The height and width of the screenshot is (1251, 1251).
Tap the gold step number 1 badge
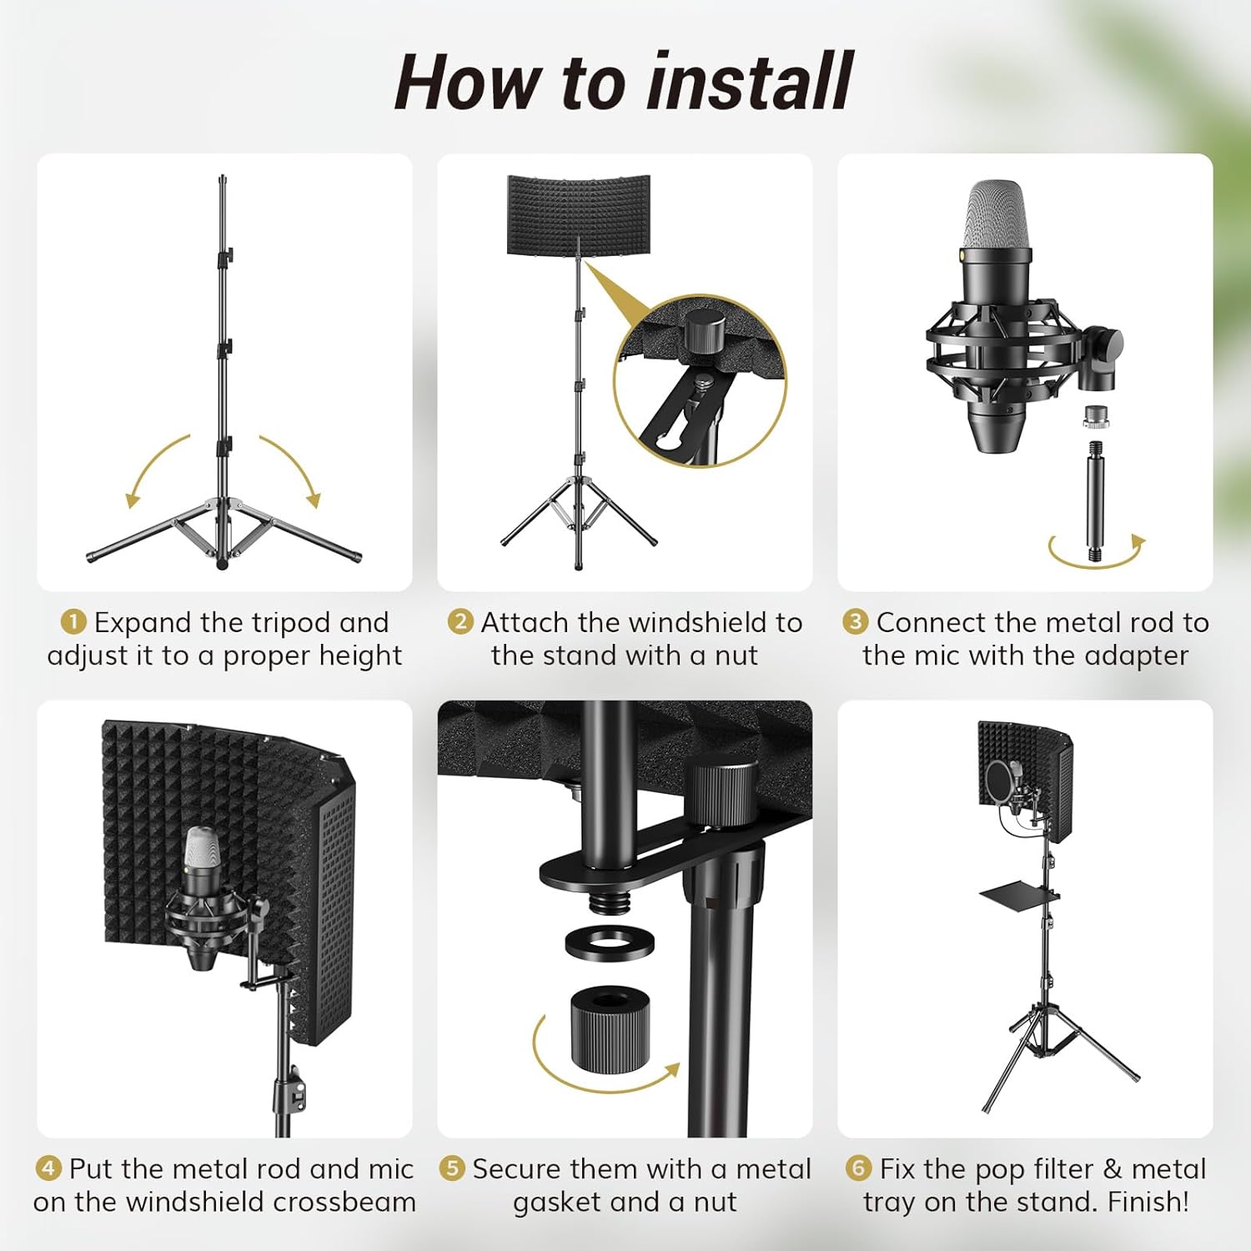[73, 622]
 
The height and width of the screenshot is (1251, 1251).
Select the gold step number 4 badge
[48, 1168]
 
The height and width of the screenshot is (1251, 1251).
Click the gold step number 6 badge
[857, 1168]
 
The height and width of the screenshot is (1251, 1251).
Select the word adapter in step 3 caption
[1136, 656]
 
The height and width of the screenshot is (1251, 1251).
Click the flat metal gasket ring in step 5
[610, 944]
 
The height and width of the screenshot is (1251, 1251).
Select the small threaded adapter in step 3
[1094, 417]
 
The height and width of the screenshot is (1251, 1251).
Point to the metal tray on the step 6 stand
[1021, 897]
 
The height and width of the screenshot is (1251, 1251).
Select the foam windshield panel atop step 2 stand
[578, 214]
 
